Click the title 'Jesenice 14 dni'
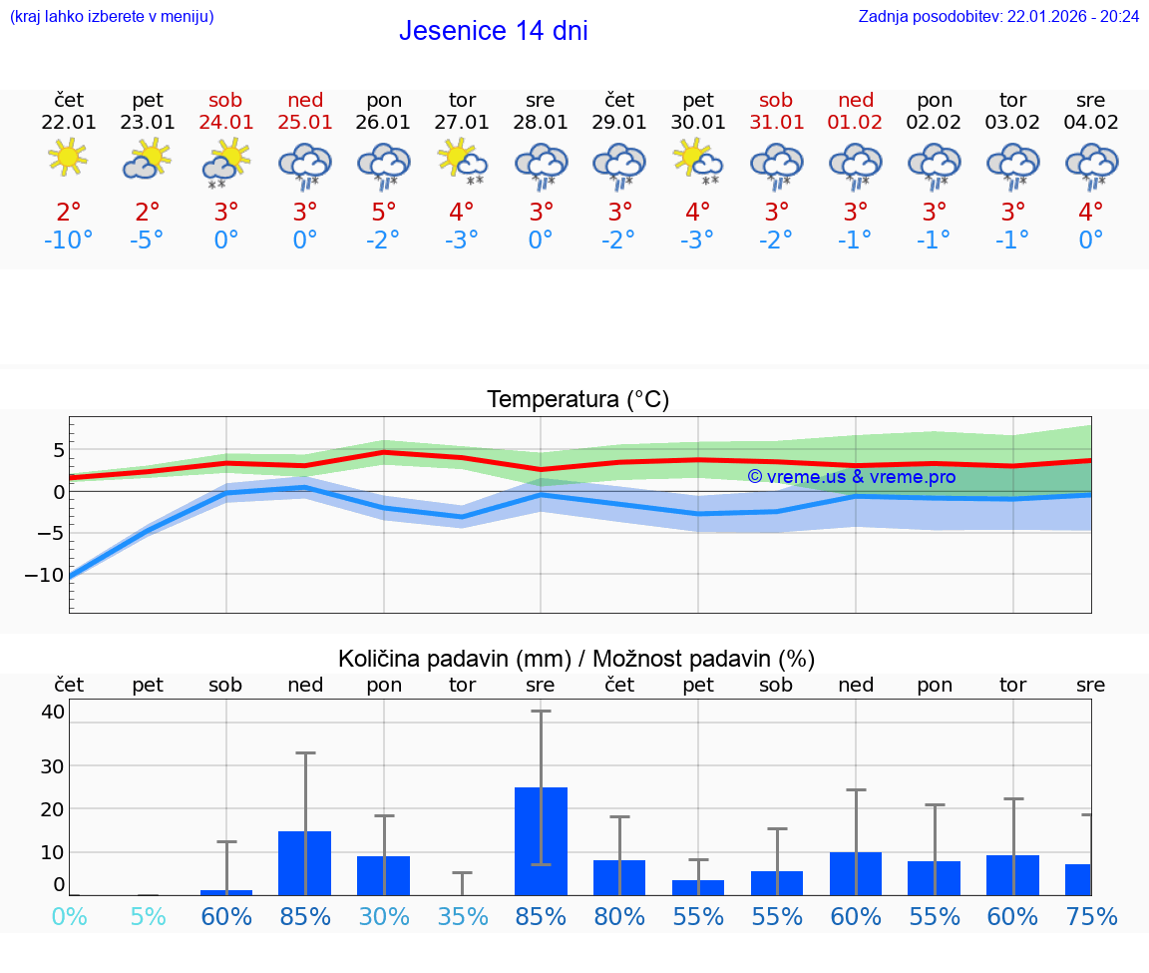tap(493, 31)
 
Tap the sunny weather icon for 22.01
tap(68, 158)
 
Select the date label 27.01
tap(462, 123)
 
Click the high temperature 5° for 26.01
tap(384, 213)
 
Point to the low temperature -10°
tap(68, 241)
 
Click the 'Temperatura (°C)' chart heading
tap(577, 400)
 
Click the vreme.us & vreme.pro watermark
tap(851, 477)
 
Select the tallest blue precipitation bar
tap(541, 840)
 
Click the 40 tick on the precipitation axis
tap(53, 712)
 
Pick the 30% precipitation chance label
tap(384, 916)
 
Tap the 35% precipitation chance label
tap(462, 916)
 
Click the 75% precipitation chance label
tap(1091, 916)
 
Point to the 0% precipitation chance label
tap(68, 916)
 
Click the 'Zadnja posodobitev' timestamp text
tap(998, 16)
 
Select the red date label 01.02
tap(855, 123)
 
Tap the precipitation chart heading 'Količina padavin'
tap(576, 659)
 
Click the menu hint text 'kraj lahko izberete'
tap(112, 16)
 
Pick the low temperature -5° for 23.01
tap(148, 241)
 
